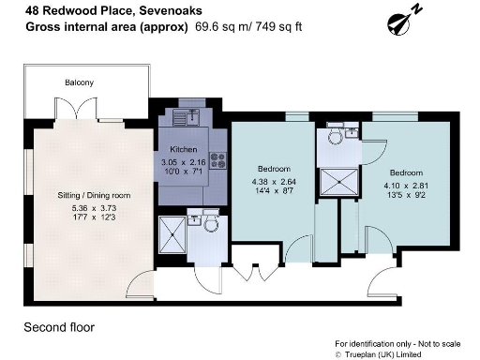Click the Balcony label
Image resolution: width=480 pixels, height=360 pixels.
tap(79, 82)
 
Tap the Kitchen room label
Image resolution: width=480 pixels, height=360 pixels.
tap(182, 150)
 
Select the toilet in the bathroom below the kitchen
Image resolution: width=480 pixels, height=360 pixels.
tap(211, 223)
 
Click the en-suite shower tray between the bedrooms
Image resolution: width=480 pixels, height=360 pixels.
tap(335, 181)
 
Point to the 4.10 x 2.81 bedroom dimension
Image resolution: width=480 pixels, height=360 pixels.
tap(406, 186)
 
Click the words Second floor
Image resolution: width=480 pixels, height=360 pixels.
tap(58, 327)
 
